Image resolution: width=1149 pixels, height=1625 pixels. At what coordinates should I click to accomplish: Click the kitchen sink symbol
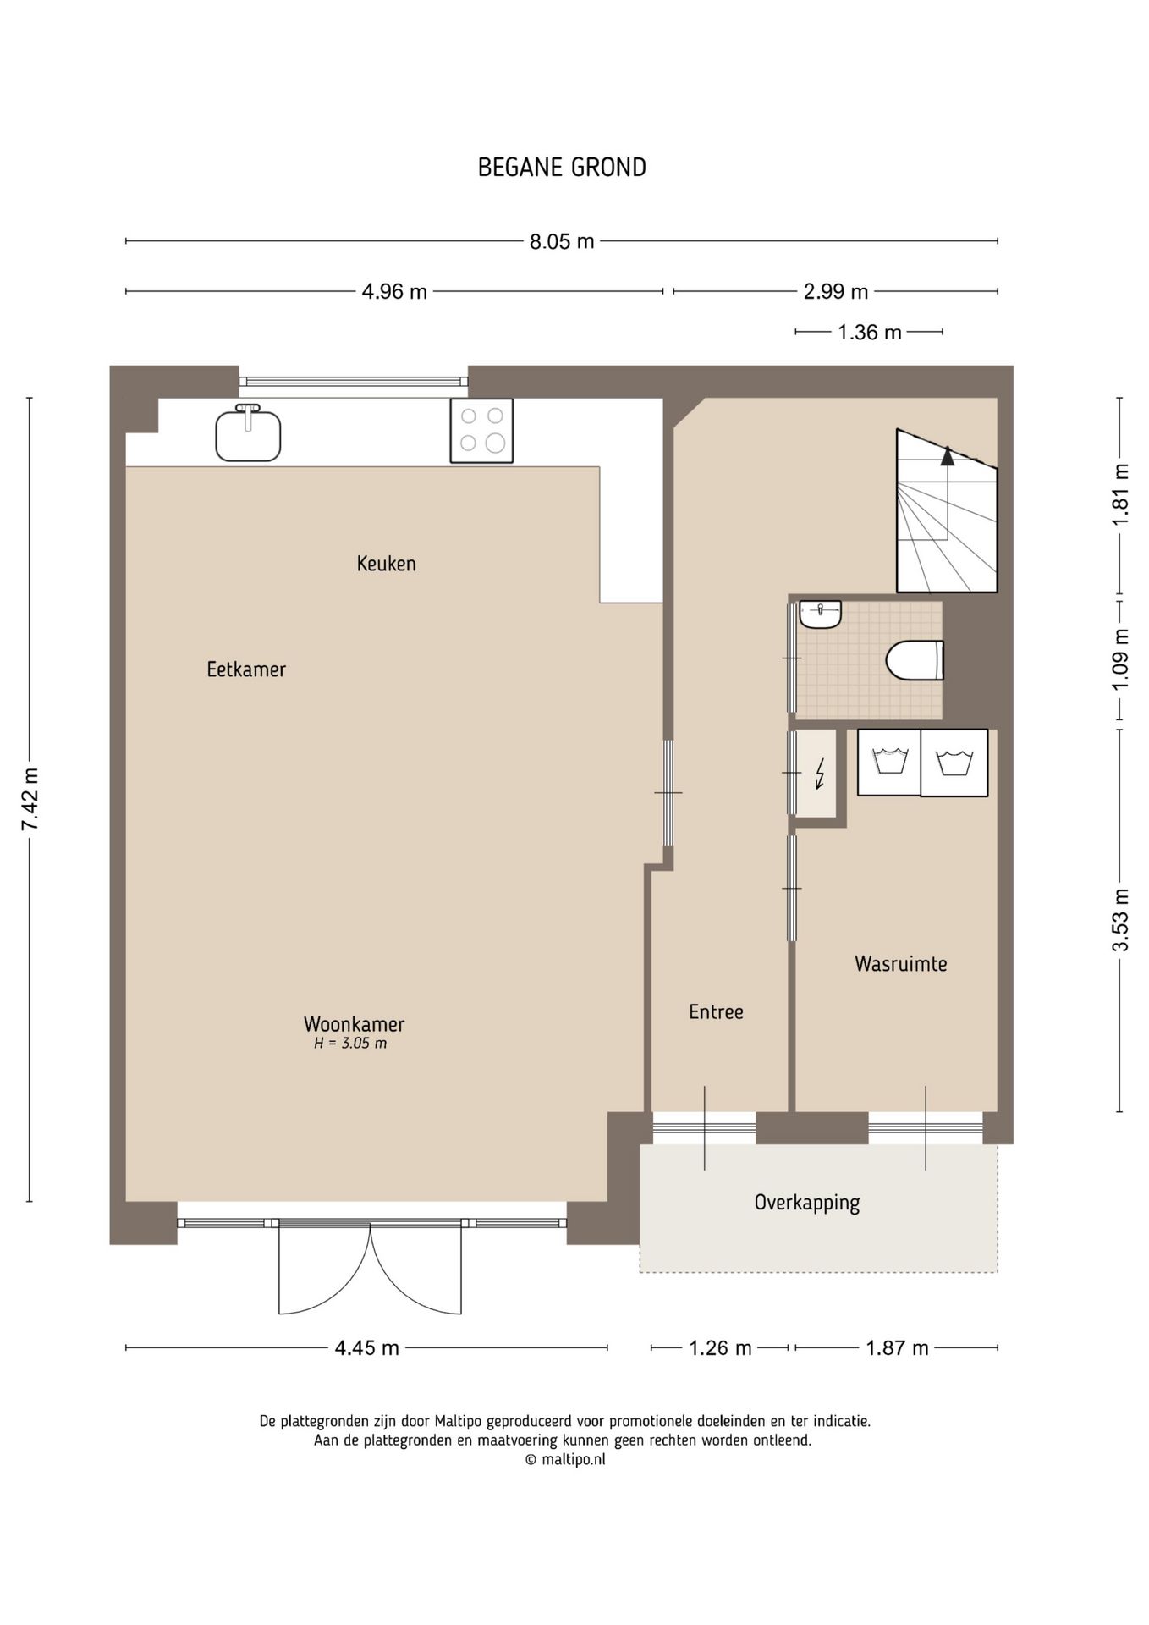click(x=248, y=433)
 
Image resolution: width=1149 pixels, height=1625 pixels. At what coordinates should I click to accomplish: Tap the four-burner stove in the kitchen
click(x=481, y=431)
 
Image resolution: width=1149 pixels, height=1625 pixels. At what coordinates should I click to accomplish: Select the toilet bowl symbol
click(x=915, y=660)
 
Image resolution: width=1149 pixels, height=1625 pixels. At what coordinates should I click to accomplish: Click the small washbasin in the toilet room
click(x=820, y=614)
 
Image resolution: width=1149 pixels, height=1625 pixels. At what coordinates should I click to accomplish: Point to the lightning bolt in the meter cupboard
click(x=819, y=774)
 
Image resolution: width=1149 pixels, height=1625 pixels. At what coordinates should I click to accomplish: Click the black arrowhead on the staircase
click(x=948, y=456)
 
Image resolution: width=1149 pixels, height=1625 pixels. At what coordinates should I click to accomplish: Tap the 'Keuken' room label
click(x=386, y=564)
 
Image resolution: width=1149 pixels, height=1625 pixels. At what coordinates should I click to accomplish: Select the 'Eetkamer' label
click(x=246, y=669)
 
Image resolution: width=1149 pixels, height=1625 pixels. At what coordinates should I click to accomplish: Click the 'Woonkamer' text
click(x=354, y=1023)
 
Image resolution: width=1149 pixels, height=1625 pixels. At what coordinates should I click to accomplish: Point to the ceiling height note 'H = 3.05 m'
click(x=350, y=1044)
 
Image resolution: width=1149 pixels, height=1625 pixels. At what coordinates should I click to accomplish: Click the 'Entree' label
click(x=716, y=1011)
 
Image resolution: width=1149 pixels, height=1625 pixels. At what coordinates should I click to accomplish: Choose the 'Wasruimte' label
click(x=900, y=963)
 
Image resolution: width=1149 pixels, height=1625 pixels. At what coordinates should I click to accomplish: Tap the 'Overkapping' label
click(x=807, y=1203)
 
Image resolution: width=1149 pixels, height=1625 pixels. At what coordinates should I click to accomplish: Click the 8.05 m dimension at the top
click(x=562, y=242)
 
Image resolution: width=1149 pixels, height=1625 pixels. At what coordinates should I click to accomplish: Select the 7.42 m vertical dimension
click(x=30, y=799)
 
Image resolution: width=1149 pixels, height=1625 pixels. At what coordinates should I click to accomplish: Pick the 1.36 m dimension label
click(x=869, y=333)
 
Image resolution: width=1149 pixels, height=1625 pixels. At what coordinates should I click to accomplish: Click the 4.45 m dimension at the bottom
click(x=366, y=1347)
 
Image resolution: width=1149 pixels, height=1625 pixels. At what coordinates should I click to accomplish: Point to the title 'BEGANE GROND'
click(x=562, y=168)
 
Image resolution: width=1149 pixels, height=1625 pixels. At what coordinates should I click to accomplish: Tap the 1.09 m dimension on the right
click(x=1120, y=658)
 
